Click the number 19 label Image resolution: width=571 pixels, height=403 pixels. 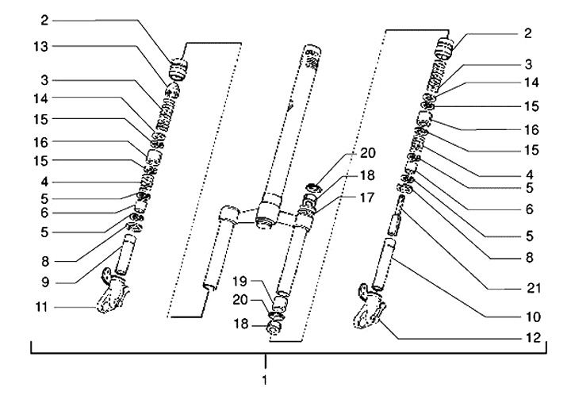pos(240,281)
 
